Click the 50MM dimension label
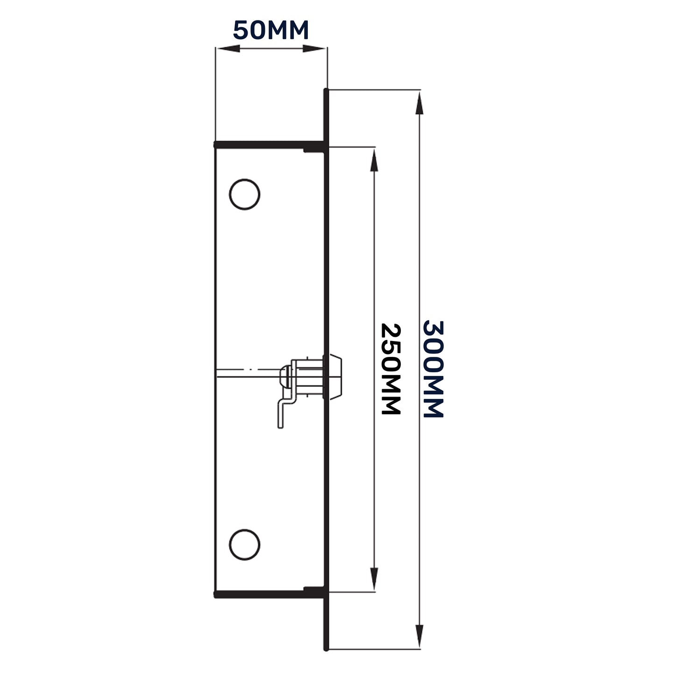pyautogui.click(x=271, y=31)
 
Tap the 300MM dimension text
pyautogui.click(x=433, y=369)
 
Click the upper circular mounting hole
pyautogui.click(x=244, y=194)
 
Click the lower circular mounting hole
pyautogui.click(x=244, y=544)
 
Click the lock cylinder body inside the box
pyautogui.click(x=308, y=377)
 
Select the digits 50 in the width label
pyautogui.click(x=251, y=31)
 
